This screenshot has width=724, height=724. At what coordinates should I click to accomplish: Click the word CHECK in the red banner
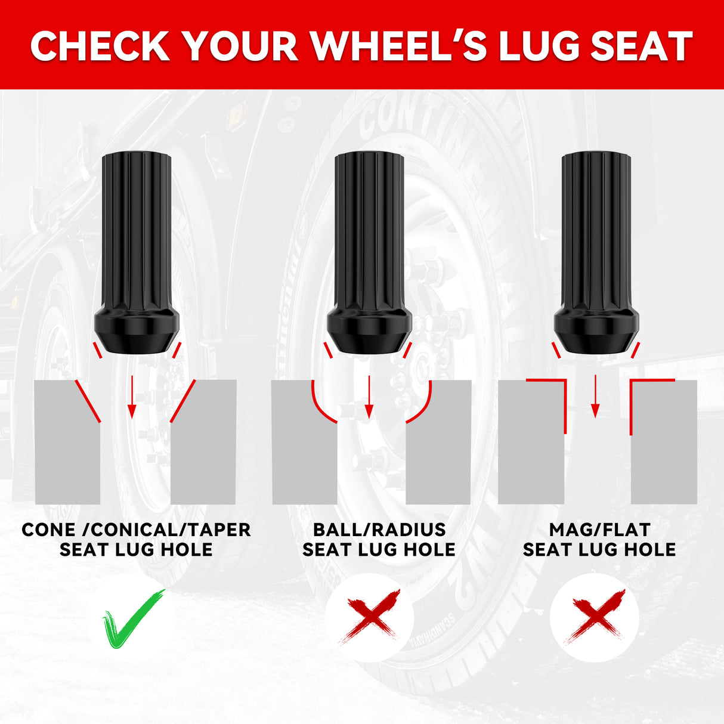[x=100, y=46]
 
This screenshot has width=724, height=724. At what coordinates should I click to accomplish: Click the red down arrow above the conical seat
[x=131, y=397]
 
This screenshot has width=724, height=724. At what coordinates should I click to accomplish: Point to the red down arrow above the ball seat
[x=369, y=397]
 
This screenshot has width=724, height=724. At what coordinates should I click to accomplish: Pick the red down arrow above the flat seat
[x=595, y=396]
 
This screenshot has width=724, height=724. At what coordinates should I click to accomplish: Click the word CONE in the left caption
[x=48, y=530]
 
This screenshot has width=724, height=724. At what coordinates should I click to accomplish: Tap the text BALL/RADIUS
[x=379, y=530]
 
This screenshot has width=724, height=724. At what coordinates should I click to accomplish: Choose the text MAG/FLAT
[x=599, y=530]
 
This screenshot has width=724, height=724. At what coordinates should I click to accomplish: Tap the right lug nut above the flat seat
[x=596, y=253]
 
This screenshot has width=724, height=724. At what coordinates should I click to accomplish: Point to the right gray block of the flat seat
[x=664, y=442]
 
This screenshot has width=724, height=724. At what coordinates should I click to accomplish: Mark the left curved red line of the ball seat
[x=318, y=408]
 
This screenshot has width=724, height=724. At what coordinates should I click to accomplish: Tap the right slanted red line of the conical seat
[x=183, y=401]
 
